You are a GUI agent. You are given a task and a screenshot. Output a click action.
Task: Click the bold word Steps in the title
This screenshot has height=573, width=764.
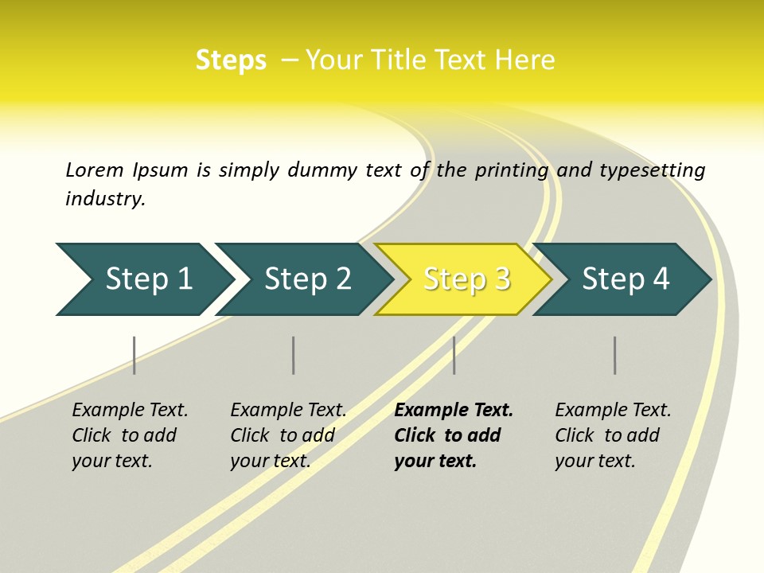(231, 60)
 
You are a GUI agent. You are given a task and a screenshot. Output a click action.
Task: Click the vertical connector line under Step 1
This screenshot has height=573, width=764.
(134, 355)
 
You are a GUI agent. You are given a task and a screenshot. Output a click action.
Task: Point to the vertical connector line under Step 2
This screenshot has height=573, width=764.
(294, 355)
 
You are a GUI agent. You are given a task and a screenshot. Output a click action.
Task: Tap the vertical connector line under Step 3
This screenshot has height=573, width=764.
(454, 355)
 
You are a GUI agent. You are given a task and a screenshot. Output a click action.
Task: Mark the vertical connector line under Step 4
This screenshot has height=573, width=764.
(614, 355)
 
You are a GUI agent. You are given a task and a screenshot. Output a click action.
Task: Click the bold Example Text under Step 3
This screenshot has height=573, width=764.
(454, 411)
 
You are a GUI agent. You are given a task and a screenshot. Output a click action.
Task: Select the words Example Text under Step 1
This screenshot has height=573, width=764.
(130, 411)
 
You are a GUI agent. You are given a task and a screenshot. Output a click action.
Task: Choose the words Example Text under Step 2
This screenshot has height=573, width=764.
(288, 411)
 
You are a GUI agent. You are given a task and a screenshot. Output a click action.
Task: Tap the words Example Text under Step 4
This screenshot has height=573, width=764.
(613, 411)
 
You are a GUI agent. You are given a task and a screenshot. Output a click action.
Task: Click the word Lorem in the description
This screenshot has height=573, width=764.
(94, 170)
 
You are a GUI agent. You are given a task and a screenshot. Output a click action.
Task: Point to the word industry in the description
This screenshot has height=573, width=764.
(105, 199)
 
